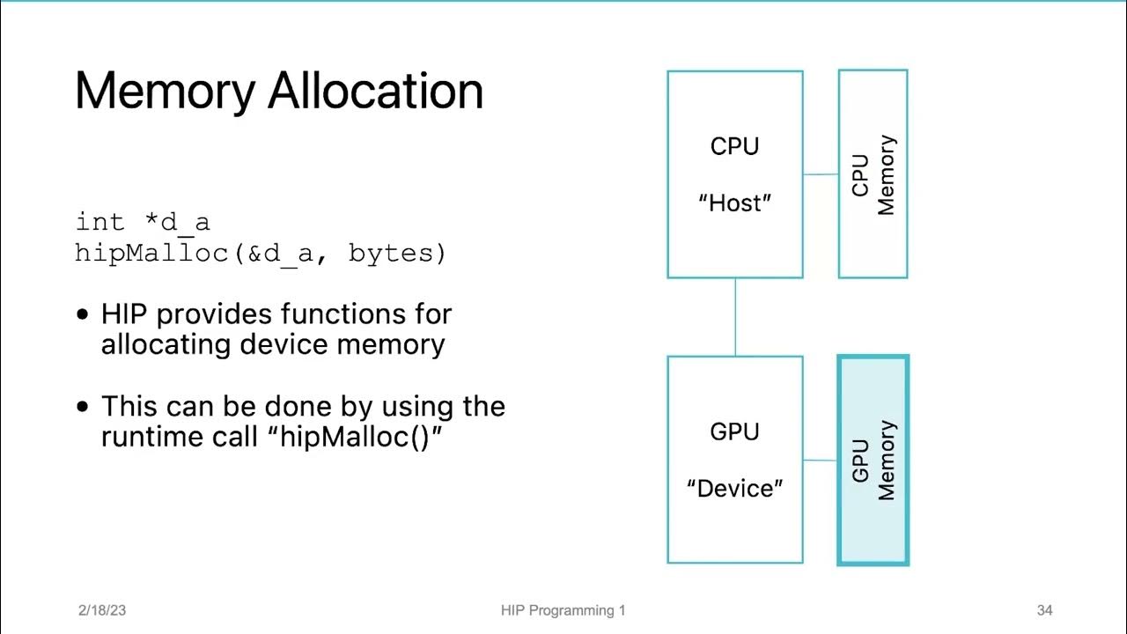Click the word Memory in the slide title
tap(165, 91)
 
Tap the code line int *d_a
tap(143, 222)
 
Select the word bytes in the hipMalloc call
tap(397, 254)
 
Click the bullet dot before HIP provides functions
tap(83, 314)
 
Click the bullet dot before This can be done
tap(83, 407)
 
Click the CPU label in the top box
tap(734, 146)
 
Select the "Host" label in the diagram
tap(734, 203)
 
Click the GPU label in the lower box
tap(734, 431)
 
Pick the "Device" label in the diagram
tap(734, 489)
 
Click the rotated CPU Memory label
tap(873, 174)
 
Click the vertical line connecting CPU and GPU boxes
tap(735, 317)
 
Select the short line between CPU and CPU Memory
tap(821, 174)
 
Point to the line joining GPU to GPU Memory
tap(821, 460)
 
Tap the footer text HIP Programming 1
tap(563, 610)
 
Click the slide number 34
tap(1044, 610)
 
